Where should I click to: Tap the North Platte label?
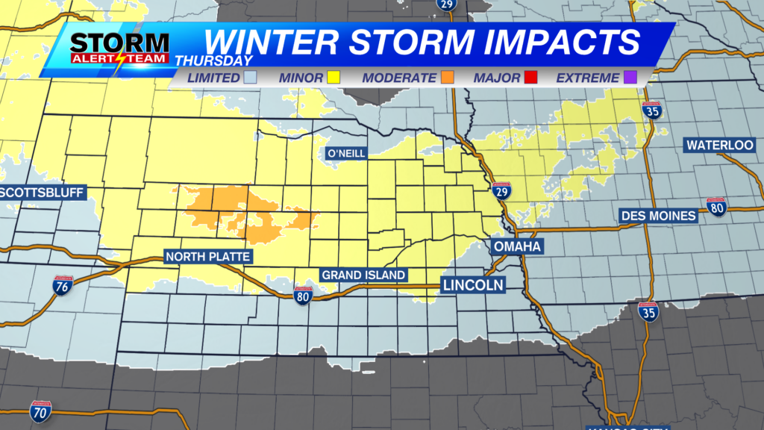[208, 258]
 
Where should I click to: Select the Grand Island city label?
[363, 275]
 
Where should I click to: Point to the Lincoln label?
[472, 284]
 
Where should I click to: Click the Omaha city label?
[517, 246]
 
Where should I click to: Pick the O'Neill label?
[344, 154]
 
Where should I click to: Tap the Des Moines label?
[659, 216]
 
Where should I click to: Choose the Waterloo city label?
[720, 144]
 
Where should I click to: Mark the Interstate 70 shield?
[41, 411]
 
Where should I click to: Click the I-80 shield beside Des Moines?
[717, 207]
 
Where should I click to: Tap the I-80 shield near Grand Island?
[303, 296]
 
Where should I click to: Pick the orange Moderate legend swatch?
[448, 78]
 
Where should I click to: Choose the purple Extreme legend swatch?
[630, 78]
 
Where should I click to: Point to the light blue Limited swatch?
[250, 78]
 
